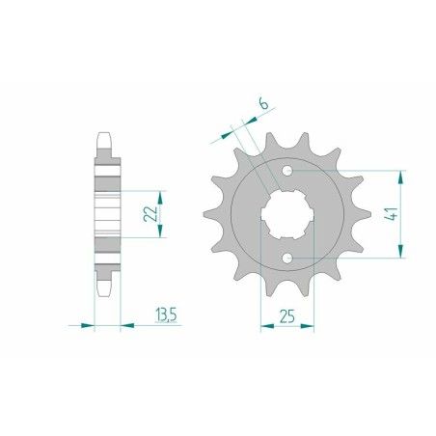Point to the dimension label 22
(149, 212)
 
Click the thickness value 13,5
(165, 313)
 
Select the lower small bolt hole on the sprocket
(287, 258)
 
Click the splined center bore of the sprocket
(287, 214)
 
